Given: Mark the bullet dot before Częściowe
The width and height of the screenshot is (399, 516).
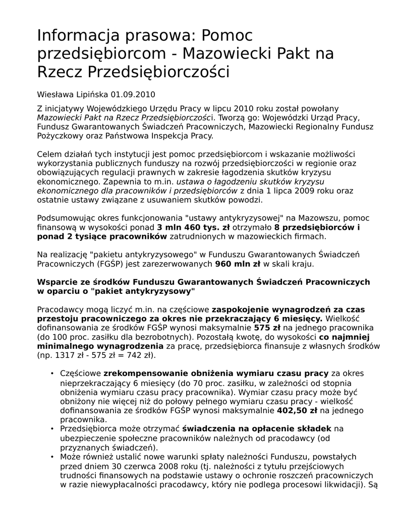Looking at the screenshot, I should coord(52,374).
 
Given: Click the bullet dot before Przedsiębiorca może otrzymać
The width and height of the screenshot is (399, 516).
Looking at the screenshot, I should coord(52,429).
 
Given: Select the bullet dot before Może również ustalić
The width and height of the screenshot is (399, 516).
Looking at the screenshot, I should coord(52,457).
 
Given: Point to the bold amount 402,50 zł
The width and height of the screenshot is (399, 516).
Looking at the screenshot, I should coord(297,411).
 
